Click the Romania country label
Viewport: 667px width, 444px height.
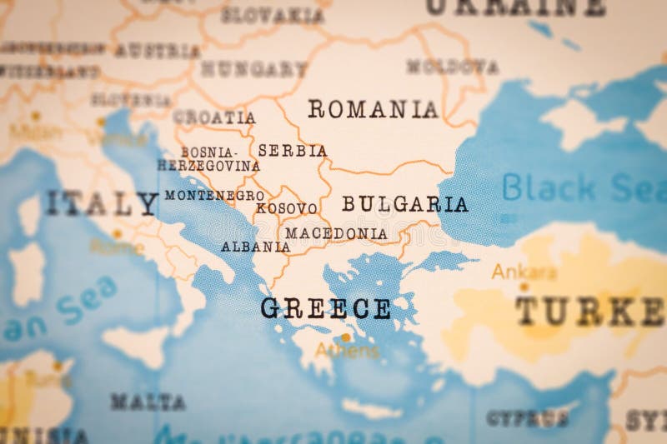point(373,109)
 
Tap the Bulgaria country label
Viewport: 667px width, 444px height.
point(404,204)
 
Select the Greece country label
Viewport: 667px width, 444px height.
point(325,308)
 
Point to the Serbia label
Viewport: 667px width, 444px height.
point(292,151)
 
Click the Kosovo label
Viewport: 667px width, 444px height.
point(286,208)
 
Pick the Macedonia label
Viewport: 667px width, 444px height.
point(336,234)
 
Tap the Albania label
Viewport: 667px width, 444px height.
point(255,247)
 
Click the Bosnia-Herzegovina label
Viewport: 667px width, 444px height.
point(209,159)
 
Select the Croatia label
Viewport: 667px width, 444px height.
point(214,117)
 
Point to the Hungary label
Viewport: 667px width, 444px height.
point(253,69)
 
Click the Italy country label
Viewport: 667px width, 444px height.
point(101,203)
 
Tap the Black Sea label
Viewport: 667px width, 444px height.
point(583,187)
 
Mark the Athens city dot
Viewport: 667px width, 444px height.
point(345,337)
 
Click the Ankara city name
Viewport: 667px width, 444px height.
point(524,272)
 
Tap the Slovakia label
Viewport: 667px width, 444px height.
point(272,15)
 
